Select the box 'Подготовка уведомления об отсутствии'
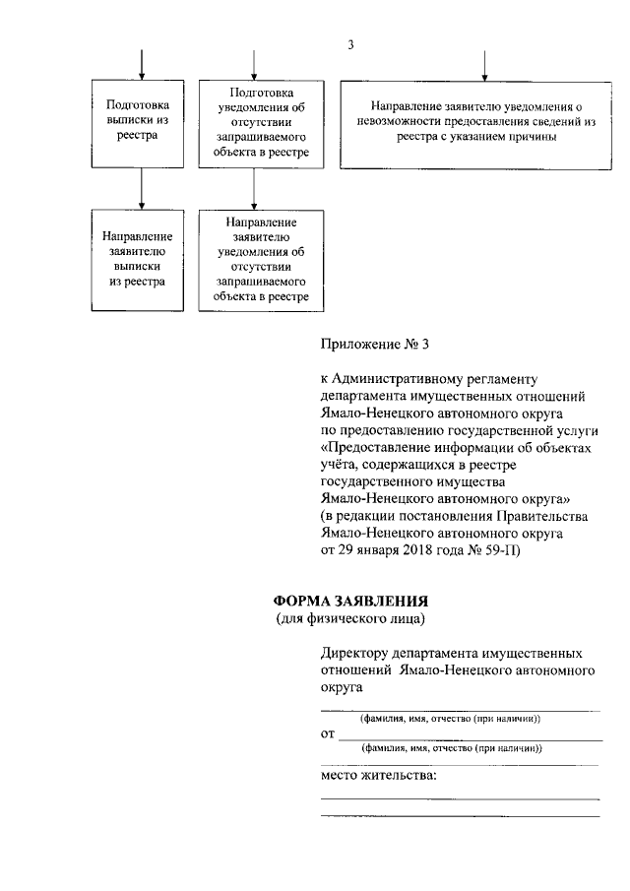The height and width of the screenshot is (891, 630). [255, 120]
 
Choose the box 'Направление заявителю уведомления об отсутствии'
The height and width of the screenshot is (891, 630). [255, 260]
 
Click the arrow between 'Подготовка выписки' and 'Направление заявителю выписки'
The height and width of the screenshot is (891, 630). [144, 186]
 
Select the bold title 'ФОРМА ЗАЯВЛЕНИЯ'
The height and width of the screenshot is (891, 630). [351, 602]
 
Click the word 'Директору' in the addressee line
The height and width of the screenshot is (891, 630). [354, 654]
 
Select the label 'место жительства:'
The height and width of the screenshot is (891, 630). [379, 778]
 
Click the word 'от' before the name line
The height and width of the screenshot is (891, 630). [328, 734]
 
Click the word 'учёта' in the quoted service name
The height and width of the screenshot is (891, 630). [339, 466]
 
